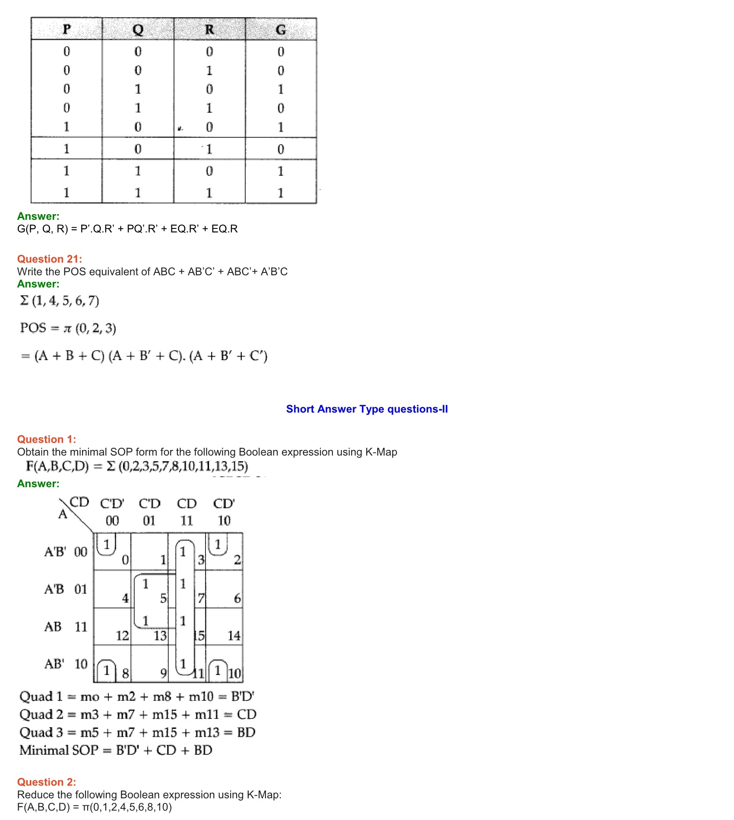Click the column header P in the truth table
(66, 29)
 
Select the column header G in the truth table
(281, 29)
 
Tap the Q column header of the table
(138, 29)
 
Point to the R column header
(209, 29)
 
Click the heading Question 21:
(49, 259)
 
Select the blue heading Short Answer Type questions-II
(367, 409)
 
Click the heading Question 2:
(46, 782)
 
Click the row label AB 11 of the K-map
(66, 627)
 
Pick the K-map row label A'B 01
(66, 589)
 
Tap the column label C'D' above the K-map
(112, 504)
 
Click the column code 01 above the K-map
(149, 521)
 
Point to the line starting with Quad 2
(138, 715)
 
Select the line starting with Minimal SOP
(116, 750)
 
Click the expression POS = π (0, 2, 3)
(68, 328)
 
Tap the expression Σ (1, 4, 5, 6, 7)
(60, 301)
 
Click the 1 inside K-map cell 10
(218, 671)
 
